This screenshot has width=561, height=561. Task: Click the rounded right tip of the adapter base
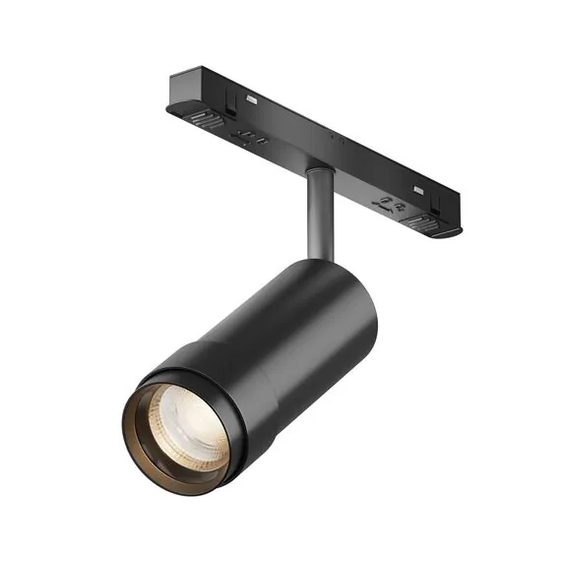tap(455, 232)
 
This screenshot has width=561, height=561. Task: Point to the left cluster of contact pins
tap(252, 137)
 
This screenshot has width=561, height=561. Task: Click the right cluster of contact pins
tap(390, 206)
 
